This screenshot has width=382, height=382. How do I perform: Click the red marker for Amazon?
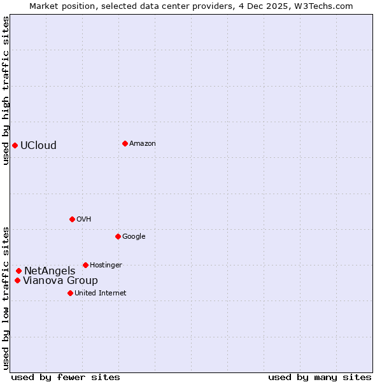click(x=125, y=143)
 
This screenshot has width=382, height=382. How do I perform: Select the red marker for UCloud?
click(x=15, y=145)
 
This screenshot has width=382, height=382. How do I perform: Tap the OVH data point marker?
click(x=72, y=219)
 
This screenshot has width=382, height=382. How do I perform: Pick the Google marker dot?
click(x=118, y=236)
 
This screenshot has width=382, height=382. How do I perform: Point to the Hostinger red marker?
click(x=85, y=265)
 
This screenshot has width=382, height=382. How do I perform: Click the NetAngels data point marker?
click(x=18, y=271)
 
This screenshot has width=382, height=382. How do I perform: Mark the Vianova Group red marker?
click(x=17, y=280)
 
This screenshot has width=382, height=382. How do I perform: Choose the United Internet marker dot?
click(x=70, y=293)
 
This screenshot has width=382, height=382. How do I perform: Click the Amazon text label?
click(x=143, y=144)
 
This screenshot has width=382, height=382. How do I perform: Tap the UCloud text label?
click(x=38, y=145)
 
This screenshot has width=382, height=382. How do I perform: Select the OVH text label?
click(x=84, y=220)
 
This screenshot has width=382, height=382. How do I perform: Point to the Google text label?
click(x=134, y=237)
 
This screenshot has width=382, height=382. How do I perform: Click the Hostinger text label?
click(x=106, y=265)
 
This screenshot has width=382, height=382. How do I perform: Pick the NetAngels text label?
click(x=50, y=271)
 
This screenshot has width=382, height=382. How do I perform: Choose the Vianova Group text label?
click(x=60, y=281)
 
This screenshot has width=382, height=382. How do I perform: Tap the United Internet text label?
click(x=100, y=294)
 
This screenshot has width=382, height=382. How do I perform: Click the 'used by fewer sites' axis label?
click(x=66, y=377)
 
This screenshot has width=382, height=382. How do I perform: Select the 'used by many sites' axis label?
click(x=320, y=377)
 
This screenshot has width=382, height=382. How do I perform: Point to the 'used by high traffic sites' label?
click(x=6, y=90)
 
